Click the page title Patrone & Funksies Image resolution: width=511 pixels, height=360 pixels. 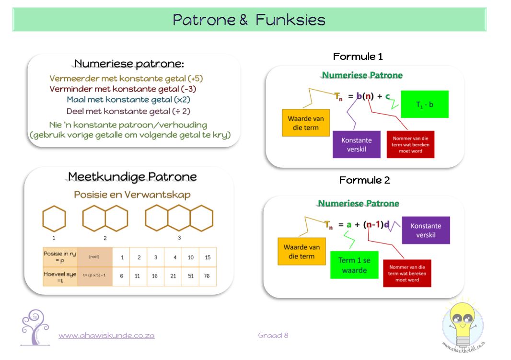(249, 20)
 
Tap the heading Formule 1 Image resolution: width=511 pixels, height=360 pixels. (358, 57)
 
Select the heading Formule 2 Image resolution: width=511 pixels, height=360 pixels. (364, 180)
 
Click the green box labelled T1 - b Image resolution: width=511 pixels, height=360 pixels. (424, 104)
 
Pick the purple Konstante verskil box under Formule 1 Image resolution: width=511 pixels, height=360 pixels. (356, 144)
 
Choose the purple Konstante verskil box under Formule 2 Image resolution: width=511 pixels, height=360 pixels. (426, 230)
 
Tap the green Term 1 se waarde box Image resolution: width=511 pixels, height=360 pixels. (354, 265)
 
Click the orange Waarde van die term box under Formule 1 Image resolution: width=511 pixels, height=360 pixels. (305, 123)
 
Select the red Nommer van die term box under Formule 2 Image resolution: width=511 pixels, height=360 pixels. (407, 273)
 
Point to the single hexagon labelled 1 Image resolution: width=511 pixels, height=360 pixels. (54, 218)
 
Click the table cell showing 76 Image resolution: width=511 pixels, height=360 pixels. (208, 277)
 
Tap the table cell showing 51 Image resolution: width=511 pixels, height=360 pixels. (190, 277)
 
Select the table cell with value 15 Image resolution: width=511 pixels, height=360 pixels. (208, 257)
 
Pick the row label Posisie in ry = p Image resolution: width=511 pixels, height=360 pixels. (60, 257)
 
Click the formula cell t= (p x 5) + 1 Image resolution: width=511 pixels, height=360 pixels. (94, 276)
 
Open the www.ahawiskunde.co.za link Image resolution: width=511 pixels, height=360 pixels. (106, 336)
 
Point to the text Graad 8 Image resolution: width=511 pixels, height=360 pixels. (273, 336)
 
